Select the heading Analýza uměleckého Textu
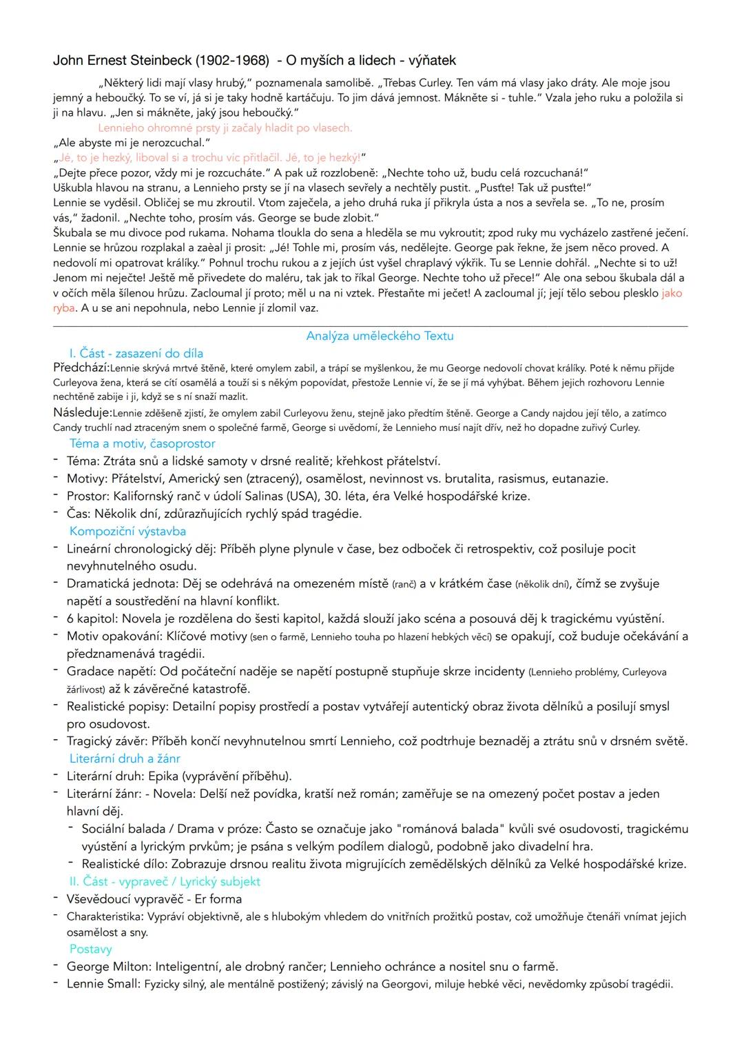click(380, 337)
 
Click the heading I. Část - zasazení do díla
click(136, 354)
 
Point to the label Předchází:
click(81, 368)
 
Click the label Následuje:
click(83, 413)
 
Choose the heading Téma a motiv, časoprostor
click(142, 443)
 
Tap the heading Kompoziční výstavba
click(127, 531)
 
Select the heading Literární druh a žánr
click(125, 759)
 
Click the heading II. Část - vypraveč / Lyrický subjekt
click(165, 881)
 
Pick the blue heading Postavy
click(90, 950)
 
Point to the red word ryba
click(63, 308)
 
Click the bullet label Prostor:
click(88, 497)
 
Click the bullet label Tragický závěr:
click(107, 741)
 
